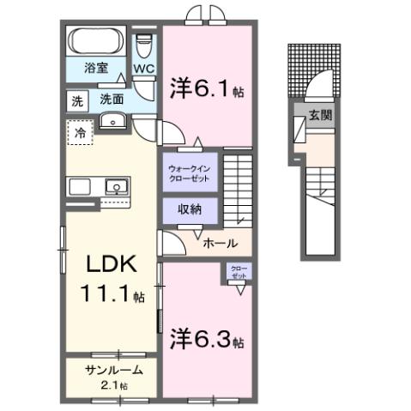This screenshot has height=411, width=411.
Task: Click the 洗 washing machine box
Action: click(77, 100)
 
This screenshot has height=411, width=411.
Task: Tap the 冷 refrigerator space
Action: click(80, 134)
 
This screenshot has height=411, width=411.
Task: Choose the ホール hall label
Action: click(220, 243)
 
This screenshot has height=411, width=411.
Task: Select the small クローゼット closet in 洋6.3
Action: click(238, 272)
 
